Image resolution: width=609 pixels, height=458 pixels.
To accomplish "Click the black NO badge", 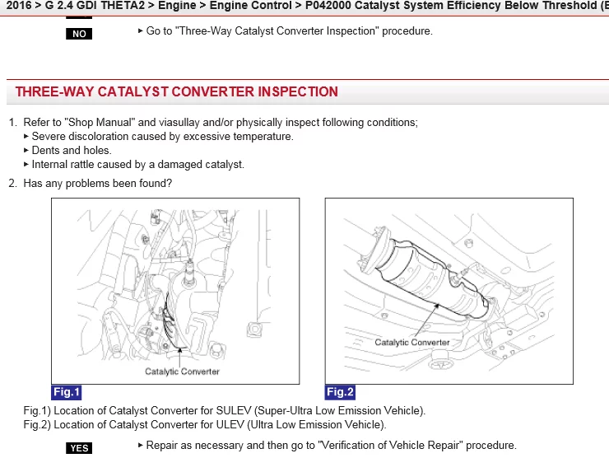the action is tap(79, 34).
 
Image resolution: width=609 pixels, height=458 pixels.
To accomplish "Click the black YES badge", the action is tap(79, 448).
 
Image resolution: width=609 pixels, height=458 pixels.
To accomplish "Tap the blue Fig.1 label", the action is tap(67, 392).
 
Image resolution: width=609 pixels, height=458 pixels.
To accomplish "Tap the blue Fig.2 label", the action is tap(340, 392).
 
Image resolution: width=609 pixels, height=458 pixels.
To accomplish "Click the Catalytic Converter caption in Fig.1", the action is tap(182, 372).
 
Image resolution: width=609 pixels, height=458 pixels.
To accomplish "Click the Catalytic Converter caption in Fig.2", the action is tap(412, 342).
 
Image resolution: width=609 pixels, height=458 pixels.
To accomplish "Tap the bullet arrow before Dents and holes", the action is tap(26, 150).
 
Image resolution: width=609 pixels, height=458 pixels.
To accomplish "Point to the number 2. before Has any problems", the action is tap(13, 183).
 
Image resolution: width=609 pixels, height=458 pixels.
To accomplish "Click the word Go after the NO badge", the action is tap(152, 31).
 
